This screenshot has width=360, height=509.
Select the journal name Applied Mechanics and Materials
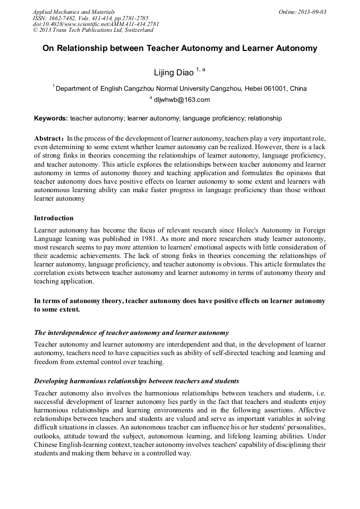[x=73, y=12]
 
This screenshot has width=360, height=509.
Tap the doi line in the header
[x=96, y=24]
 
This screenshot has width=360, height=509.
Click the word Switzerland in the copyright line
[x=135, y=30]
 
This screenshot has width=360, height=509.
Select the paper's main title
[x=180, y=48]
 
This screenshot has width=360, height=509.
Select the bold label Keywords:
[x=51, y=118]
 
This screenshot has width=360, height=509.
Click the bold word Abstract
[x=49, y=137]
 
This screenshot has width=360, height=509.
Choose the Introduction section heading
[x=54, y=218]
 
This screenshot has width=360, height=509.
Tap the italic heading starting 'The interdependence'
[x=131, y=333]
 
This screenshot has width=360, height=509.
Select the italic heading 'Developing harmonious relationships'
[x=136, y=381]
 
